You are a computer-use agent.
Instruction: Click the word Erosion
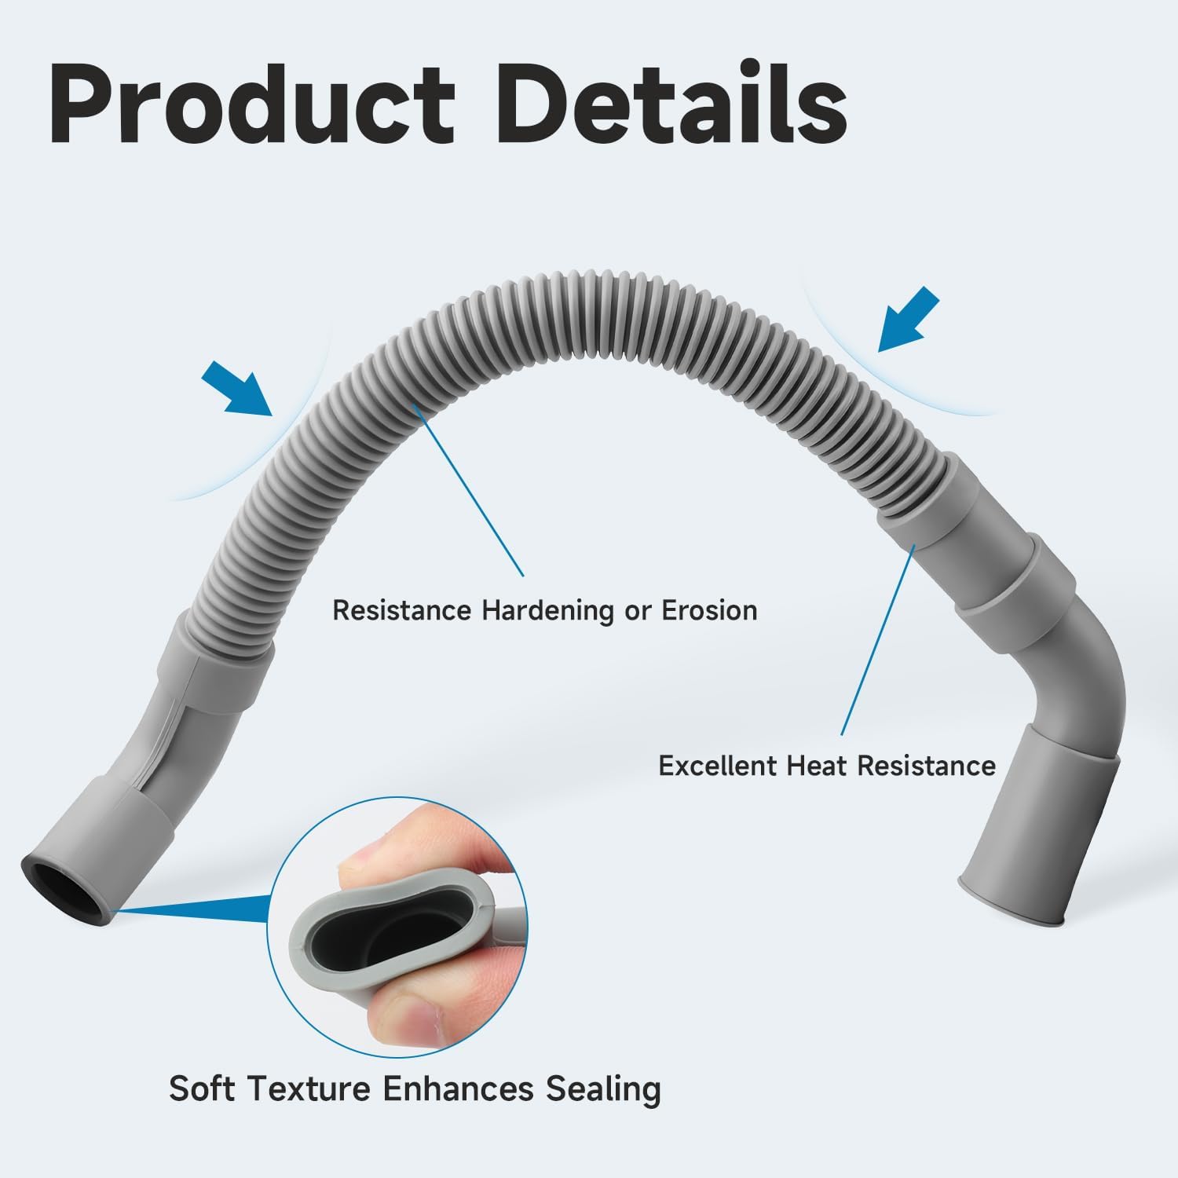tap(710, 610)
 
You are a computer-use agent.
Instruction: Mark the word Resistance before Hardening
tap(402, 610)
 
